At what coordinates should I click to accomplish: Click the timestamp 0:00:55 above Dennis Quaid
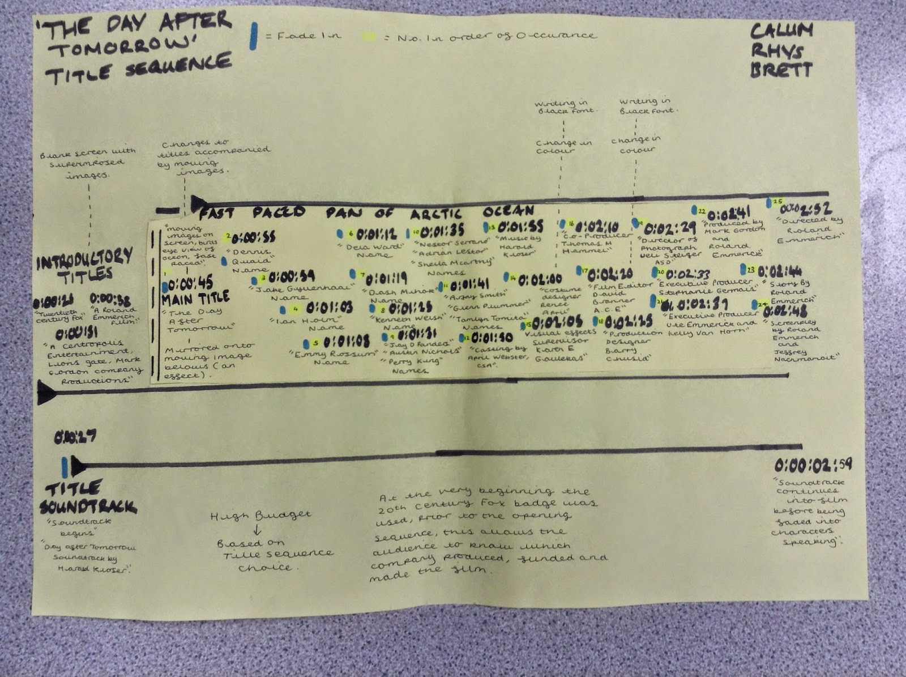(254, 237)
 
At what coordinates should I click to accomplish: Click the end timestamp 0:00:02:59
(813, 466)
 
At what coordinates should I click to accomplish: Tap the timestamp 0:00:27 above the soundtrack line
(75, 437)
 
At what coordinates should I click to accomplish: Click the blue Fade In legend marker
(254, 36)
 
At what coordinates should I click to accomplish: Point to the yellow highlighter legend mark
(369, 37)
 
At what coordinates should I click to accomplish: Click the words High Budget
(260, 516)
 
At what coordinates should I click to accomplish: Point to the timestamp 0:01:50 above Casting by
(492, 338)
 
